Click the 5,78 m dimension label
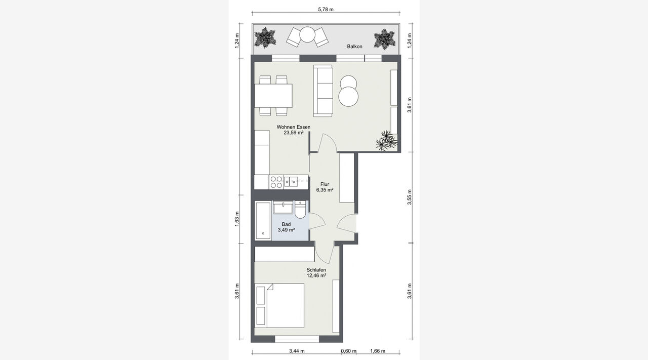(x=326, y=9)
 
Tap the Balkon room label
(x=355, y=46)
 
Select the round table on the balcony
(x=307, y=35)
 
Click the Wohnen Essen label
(x=294, y=127)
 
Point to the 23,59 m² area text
(x=294, y=133)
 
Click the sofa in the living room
(x=323, y=91)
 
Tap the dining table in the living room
(x=273, y=96)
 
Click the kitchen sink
(x=292, y=182)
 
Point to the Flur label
(x=325, y=184)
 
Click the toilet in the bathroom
(x=300, y=210)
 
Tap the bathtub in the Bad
(x=263, y=221)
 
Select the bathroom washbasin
(x=283, y=207)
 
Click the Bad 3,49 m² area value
(x=286, y=230)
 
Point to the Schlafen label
(x=316, y=270)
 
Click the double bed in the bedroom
(x=280, y=306)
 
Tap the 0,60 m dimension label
(x=349, y=351)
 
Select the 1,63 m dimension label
(x=237, y=219)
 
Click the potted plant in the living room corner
(x=386, y=141)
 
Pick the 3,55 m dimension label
(x=410, y=197)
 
